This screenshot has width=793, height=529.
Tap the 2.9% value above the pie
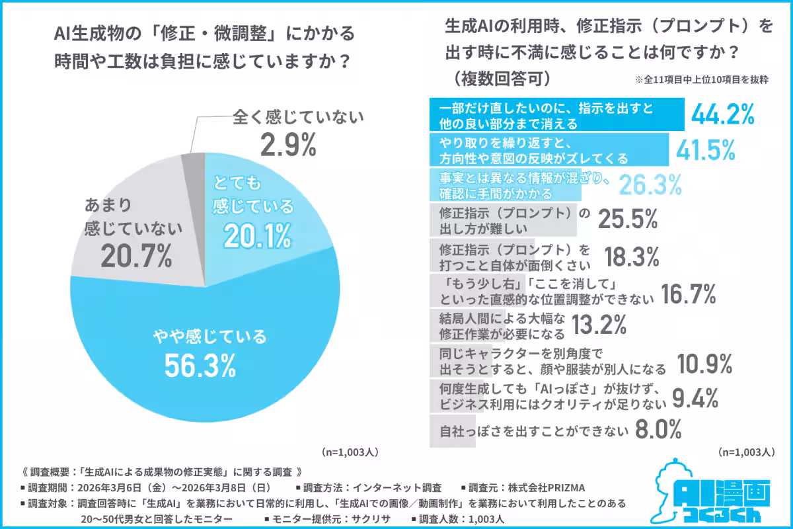[288, 145]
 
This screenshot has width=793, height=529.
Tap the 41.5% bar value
[705, 150]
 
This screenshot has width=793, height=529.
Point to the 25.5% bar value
[628, 220]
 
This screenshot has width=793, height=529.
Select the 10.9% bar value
[705, 362]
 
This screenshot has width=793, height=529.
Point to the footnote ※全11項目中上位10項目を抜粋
[701, 79]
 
